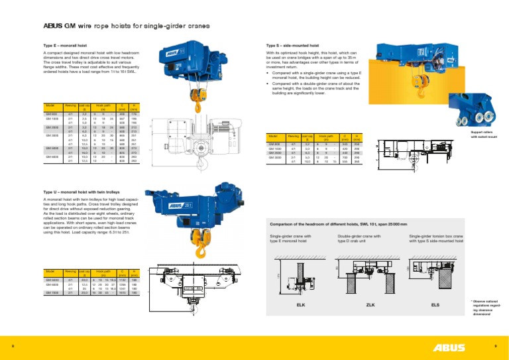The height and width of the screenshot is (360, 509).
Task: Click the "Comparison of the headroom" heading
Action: [325, 224]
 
